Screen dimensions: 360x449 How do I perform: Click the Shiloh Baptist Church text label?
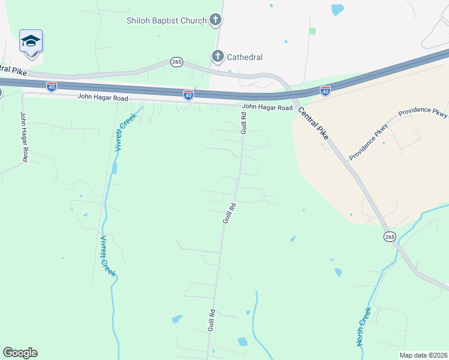tap(166, 20)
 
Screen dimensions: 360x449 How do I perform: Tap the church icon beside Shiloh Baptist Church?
tap(216, 20)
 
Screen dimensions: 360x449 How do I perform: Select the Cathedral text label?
tap(244, 57)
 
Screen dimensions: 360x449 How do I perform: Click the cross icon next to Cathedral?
tap(217, 57)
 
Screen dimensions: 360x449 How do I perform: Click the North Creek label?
tap(364, 326)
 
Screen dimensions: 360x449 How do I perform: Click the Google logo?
tap(20, 353)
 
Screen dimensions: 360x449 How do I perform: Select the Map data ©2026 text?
tap(423, 355)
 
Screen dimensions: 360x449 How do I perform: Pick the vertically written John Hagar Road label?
tap(24, 137)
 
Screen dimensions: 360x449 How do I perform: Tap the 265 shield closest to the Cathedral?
tap(176, 62)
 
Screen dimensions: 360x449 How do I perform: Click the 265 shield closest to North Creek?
tap(390, 236)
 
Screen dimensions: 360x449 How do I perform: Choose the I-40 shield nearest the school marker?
tap(52, 86)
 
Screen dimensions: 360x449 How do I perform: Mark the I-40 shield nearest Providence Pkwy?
tap(325, 91)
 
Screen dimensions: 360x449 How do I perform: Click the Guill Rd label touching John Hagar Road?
tap(244, 122)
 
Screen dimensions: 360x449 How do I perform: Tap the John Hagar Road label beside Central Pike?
tap(267, 108)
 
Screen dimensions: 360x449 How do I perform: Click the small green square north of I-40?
tap(312, 31)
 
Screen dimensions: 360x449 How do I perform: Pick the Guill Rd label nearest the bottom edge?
tap(211, 320)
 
